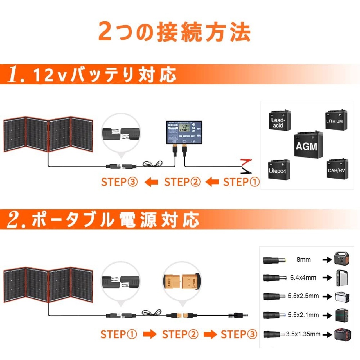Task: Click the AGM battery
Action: [x=308, y=145]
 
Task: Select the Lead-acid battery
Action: [x=280, y=121]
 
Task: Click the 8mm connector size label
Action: [x=303, y=260]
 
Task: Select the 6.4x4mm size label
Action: [x=303, y=278]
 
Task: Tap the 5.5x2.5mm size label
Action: [x=303, y=296]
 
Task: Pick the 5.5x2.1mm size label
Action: [x=303, y=315]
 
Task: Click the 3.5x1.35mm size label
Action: [x=303, y=334]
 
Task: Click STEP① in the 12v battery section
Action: [x=241, y=182]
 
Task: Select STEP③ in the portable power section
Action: [x=239, y=334]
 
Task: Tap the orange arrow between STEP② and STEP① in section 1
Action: [x=212, y=182]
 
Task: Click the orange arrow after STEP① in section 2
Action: [x=150, y=334]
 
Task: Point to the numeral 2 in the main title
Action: [x=105, y=31]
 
